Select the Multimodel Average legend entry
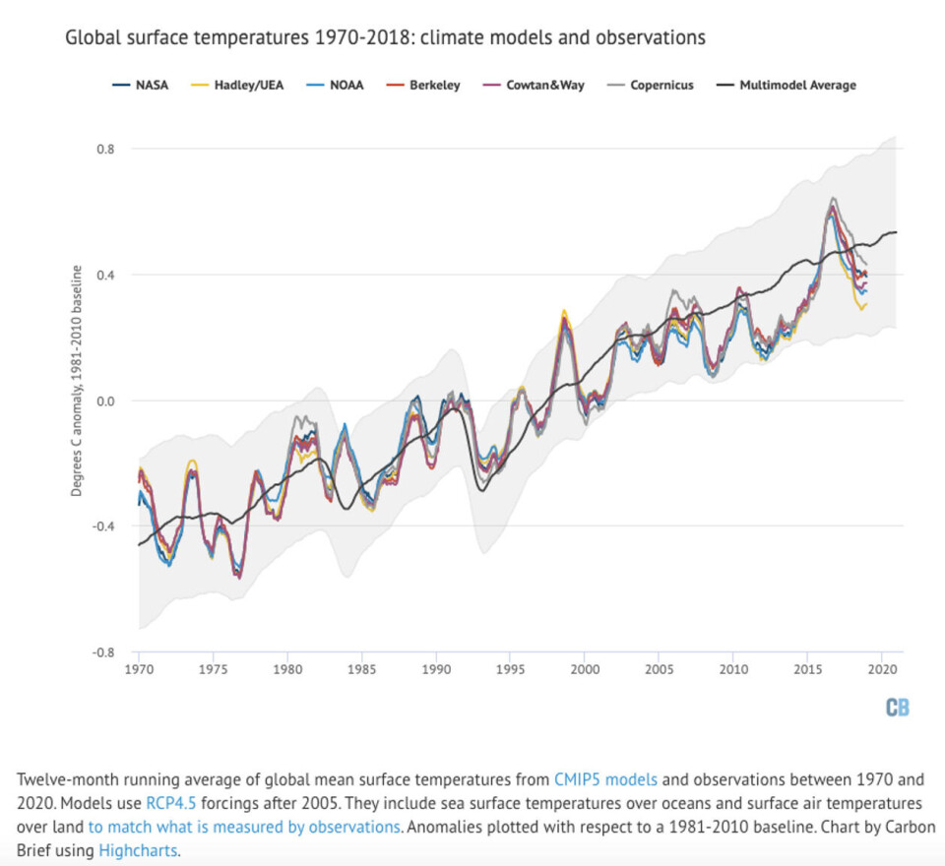[x=792, y=85]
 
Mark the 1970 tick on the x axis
[x=139, y=669]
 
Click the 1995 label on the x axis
[x=511, y=669]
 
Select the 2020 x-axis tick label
[x=882, y=669]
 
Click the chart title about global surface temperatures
[x=385, y=38]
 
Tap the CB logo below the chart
[x=897, y=707]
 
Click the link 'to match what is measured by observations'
[x=251, y=827]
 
